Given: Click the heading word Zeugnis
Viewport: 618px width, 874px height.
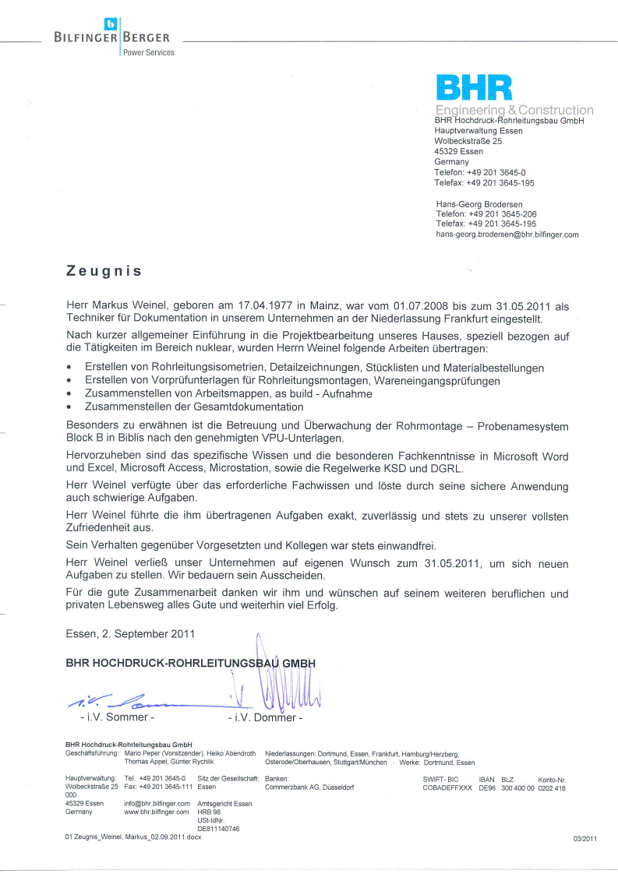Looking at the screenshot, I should [x=104, y=271].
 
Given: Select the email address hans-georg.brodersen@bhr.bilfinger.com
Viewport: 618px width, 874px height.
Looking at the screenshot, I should [x=507, y=234].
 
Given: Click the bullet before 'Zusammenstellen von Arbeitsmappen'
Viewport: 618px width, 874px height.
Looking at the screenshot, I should [x=70, y=394].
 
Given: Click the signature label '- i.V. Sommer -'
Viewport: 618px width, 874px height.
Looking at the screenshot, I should [x=117, y=717].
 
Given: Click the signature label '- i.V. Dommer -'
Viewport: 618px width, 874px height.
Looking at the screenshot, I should [x=265, y=717].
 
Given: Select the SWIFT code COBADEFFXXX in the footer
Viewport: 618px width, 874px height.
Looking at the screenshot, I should [x=447, y=788].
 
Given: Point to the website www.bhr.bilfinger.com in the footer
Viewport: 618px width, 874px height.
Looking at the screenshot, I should [x=157, y=812].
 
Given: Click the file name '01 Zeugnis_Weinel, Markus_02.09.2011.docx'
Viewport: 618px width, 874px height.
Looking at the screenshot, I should [x=133, y=837].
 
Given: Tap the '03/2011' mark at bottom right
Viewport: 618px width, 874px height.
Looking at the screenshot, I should [x=584, y=838].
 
